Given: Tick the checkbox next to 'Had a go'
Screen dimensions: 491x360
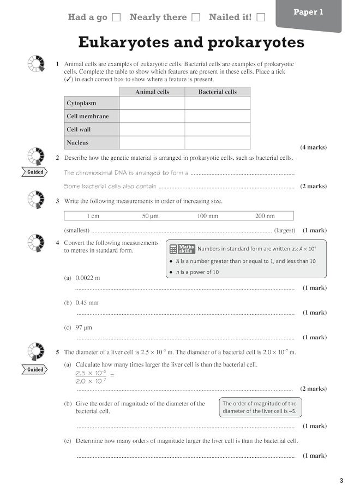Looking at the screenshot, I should point(116,17).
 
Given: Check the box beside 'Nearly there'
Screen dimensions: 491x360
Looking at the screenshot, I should point(196,17).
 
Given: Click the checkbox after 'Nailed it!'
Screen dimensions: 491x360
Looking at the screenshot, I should point(261,17).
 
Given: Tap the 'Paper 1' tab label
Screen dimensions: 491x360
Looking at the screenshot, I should point(308,12).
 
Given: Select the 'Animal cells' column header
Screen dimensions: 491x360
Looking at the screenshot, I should point(152,92).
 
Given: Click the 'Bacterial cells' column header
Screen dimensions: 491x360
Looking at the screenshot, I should point(217,92).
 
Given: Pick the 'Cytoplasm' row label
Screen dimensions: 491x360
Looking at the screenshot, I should point(81,103).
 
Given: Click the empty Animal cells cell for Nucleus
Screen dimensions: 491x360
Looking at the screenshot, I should point(152,143).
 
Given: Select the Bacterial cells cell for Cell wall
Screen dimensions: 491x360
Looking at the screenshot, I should point(217,129).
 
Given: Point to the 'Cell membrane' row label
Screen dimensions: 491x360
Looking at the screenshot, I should point(88,116).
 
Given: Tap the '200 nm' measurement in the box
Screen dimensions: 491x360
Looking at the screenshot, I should point(265,216).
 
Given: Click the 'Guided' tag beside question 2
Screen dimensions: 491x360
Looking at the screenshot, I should point(35,172).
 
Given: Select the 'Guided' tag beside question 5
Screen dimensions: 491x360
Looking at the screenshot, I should point(35,370).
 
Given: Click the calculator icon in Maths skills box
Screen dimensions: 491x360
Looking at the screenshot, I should point(173,249).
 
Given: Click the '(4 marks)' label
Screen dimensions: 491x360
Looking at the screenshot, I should point(314,147).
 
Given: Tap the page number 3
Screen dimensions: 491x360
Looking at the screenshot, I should point(341,481).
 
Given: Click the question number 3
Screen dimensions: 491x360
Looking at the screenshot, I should point(57,201).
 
